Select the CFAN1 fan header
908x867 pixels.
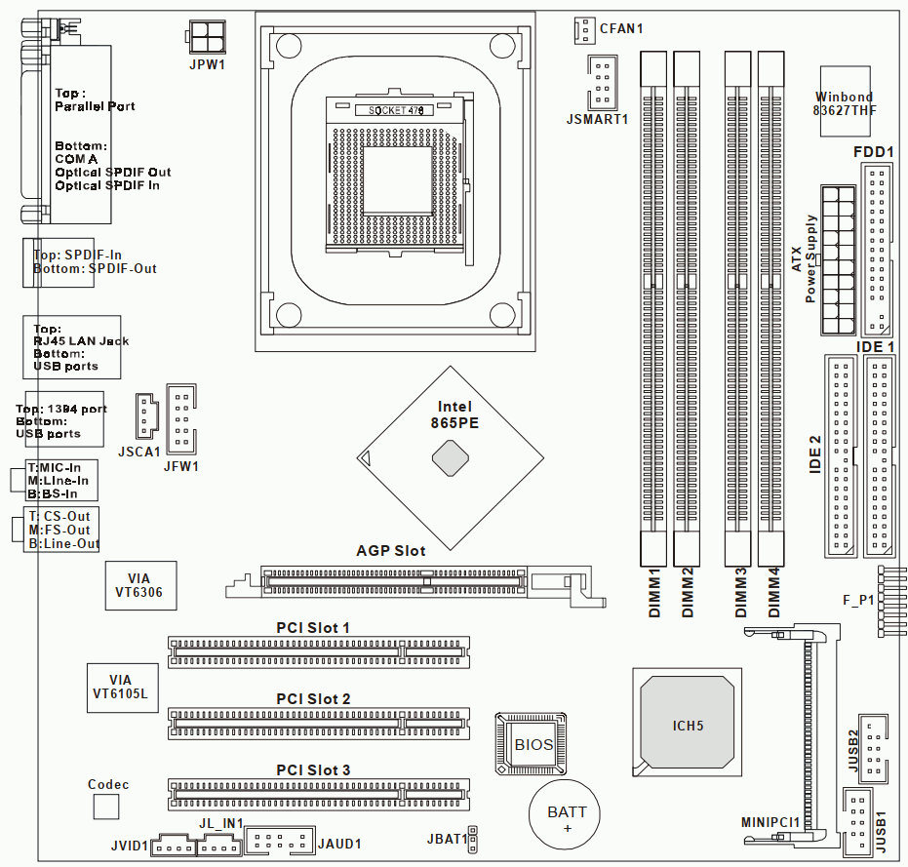[583, 29]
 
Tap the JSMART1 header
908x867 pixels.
[601, 83]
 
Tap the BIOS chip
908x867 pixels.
[533, 745]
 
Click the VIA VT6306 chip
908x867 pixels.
[140, 585]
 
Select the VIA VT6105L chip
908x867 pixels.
[122, 687]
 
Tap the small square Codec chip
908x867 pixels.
[106, 807]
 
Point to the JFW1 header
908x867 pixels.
[181, 418]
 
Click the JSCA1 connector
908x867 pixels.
[145, 416]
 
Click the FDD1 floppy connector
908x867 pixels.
[877, 249]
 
